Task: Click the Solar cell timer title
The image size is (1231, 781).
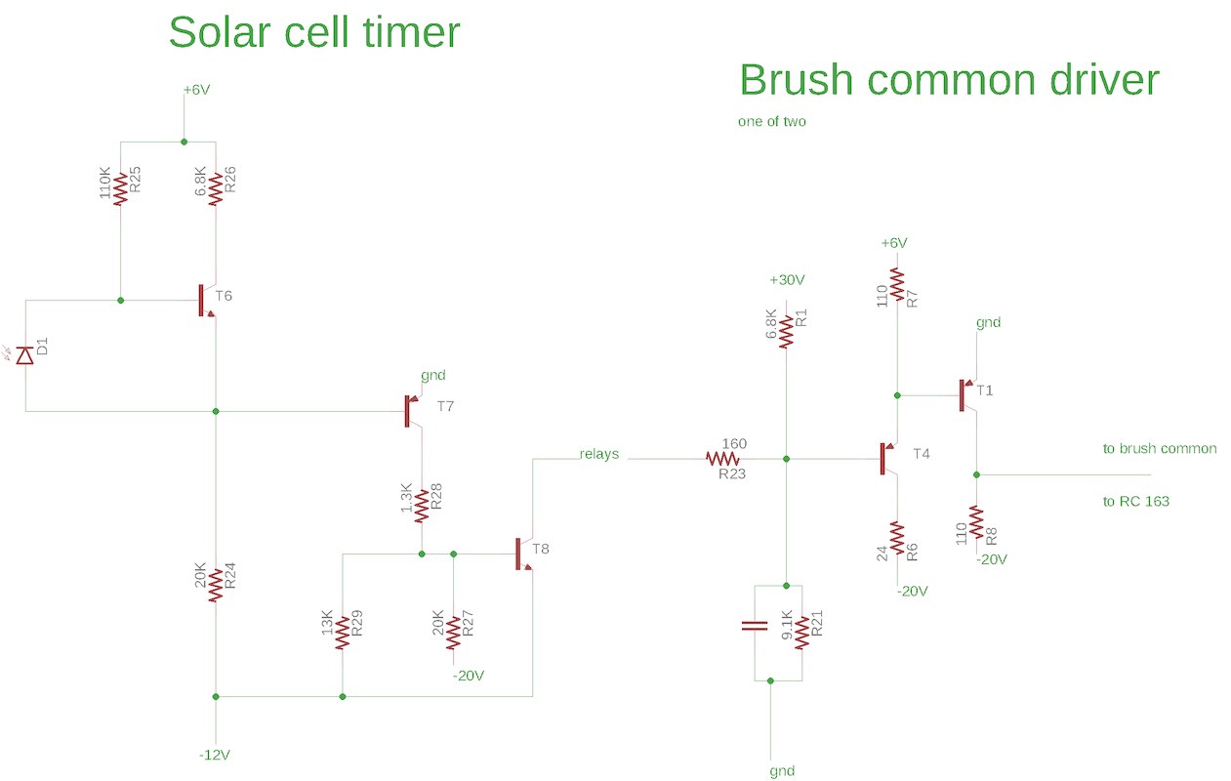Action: [x=313, y=33]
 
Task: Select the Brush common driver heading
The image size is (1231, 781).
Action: [x=949, y=80]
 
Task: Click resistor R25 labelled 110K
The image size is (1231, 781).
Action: [x=120, y=189]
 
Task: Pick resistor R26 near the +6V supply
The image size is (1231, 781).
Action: [x=216, y=189]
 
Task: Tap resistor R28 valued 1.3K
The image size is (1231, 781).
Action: [x=422, y=505]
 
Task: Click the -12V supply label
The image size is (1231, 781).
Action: [x=215, y=756]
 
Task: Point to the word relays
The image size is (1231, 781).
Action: [x=598, y=454]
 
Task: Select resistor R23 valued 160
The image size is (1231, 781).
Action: [x=724, y=458]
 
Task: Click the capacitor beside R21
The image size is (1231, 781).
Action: [x=752, y=627]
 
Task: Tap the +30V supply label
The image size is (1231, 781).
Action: [x=787, y=280]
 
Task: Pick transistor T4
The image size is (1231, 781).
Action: [x=889, y=457]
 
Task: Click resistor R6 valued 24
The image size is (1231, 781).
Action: [x=897, y=539]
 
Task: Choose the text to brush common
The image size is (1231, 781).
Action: [x=1160, y=449]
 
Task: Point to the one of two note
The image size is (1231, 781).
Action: [x=773, y=123]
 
